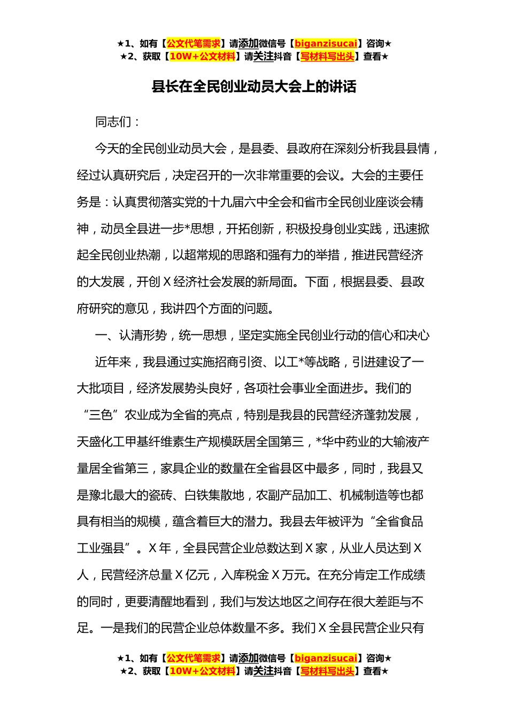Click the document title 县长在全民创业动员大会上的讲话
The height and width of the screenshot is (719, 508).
[x=254, y=87]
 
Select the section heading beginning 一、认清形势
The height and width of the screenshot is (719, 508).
[x=262, y=335]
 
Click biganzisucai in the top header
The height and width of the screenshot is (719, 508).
[x=326, y=44]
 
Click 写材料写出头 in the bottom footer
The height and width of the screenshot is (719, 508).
[x=327, y=671]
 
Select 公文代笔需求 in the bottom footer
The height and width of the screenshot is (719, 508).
[x=194, y=658]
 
